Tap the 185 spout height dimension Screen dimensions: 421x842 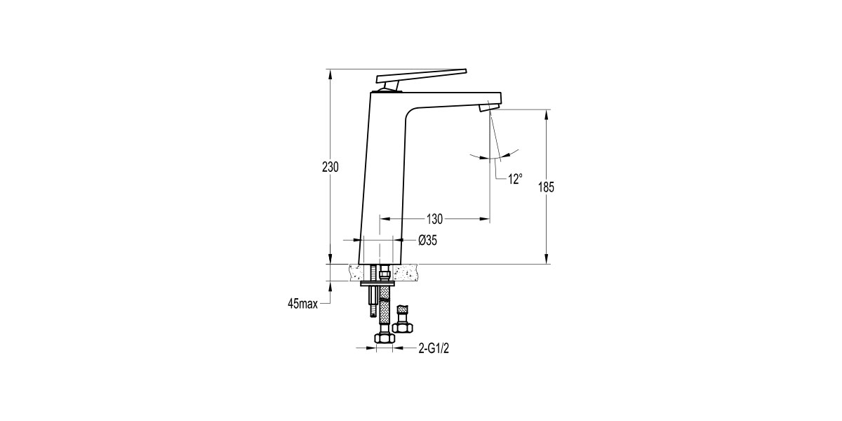tap(547, 187)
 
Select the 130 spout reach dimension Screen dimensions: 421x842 tap(434, 219)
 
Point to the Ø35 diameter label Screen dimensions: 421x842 tap(427, 241)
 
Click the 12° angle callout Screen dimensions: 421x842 tap(515, 179)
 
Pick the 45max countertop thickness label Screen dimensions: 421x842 tap(302, 304)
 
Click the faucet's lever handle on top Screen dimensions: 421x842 tap(421, 74)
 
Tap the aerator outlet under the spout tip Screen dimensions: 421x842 tap(487, 107)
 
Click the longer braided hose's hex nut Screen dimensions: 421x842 tap(384, 338)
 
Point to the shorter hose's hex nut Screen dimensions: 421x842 tap(403, 326)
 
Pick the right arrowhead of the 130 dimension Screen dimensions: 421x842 tap(485, 219)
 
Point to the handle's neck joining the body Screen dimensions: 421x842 tap(390, 86)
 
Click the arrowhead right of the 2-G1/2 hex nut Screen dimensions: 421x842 tap(397, 347)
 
